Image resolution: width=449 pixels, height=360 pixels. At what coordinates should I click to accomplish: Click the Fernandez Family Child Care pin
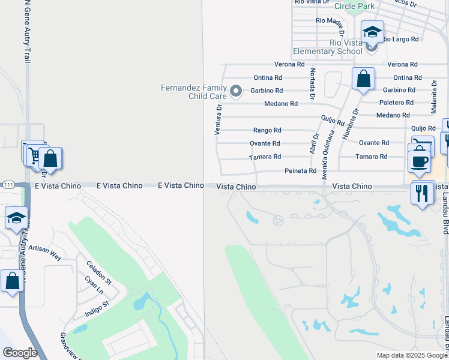pos(236,91)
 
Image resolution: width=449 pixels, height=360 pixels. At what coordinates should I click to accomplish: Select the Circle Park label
pos(354,6)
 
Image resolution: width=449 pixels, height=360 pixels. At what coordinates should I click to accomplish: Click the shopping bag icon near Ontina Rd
pos(363,79)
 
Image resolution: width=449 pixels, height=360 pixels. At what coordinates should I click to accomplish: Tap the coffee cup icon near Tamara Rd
pos(419,160)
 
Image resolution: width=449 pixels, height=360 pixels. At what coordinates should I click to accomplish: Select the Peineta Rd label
pos(300,171)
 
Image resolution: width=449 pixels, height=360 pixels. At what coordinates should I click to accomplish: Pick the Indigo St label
pos(96,307)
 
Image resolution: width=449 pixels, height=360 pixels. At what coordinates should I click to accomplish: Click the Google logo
pos(20,353)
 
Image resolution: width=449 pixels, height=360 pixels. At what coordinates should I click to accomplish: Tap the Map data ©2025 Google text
pos(411,355)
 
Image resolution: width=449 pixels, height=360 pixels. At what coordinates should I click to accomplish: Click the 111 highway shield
pos(8,184)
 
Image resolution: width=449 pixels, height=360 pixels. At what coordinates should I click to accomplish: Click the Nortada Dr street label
pos(313,83)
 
